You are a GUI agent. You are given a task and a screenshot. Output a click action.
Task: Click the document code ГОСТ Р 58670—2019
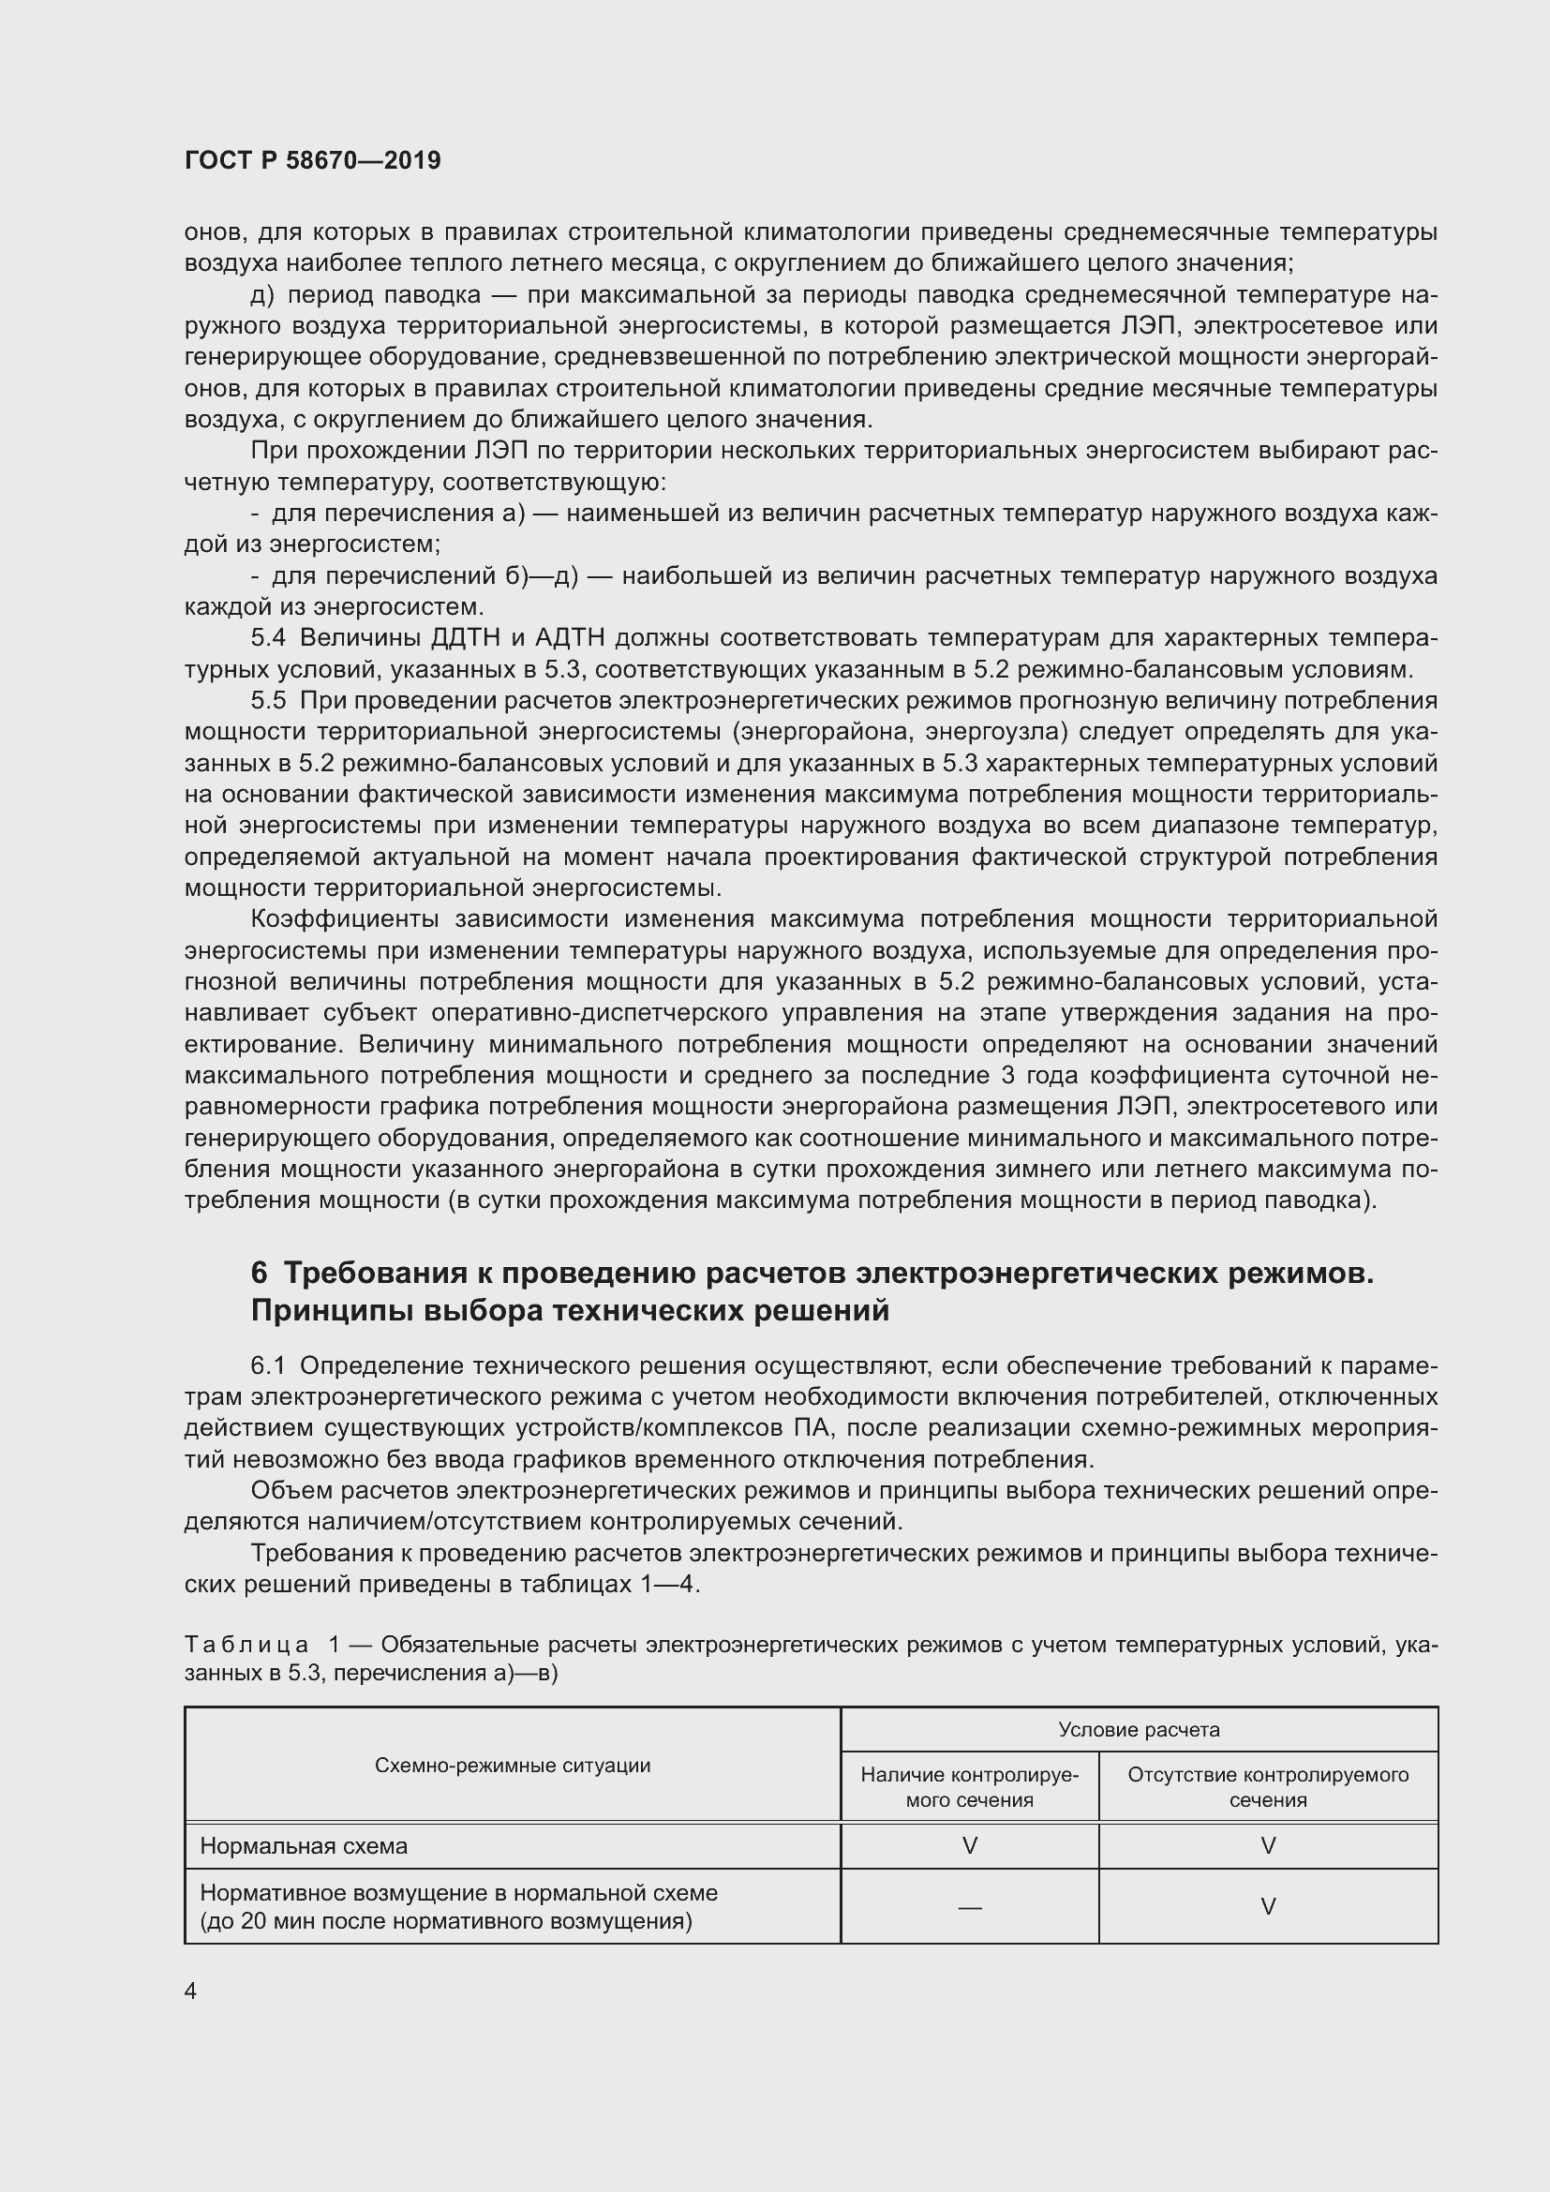pyautogui.click(x=312, y=160)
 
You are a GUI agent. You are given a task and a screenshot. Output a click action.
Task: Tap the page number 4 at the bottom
pyautogui.click(x=191, y=1991)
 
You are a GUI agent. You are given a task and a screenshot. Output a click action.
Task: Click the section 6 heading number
pyautogui.click(x=260, y=1273)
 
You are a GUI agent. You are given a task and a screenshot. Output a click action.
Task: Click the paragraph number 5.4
pyautogui.click(x=268, y=638)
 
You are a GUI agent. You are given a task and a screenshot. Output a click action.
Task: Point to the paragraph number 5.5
pyautogui.click(x=268, y=701)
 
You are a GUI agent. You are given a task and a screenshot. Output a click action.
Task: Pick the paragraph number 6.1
pyautogui.click(x=268, y=1366)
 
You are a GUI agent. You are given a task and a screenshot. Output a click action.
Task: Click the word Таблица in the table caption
pyautogui.click(x=246, y=1644)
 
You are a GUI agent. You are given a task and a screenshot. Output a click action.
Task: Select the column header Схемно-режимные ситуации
pyautogui.click(x=513, y=1766)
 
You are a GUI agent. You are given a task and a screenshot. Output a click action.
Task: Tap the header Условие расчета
pyautogui.click(x=1139, y=1729)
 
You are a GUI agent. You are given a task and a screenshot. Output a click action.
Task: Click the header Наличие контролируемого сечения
pyautogui.click(x=969, y=1787)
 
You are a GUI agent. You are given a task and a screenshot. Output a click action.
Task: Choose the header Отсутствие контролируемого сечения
pyautogui.click(x=1268, y=1787)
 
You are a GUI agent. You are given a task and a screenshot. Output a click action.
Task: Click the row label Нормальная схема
pyautogui.click(x=304, y=1845)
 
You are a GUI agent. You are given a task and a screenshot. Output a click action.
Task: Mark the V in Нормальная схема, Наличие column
pyautogui.click(x=970, y=1845)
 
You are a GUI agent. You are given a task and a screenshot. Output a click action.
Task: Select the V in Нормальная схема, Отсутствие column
pyautogui.click(x=1269, y=1845)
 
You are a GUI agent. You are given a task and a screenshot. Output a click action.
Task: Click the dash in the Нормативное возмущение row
pyautogui.click(x=970, y=1906)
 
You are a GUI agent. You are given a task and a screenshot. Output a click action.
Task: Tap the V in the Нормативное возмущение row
pyautogui.click(x=1269, y=1906)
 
